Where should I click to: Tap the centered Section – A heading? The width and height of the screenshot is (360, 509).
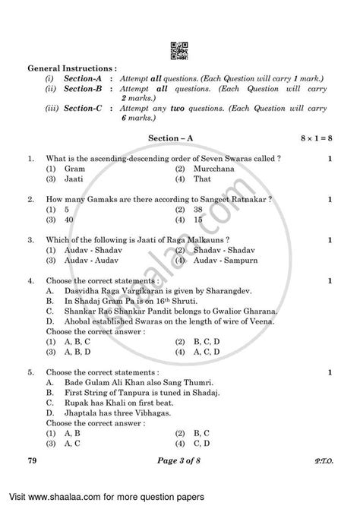click(x=178, y=138)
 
